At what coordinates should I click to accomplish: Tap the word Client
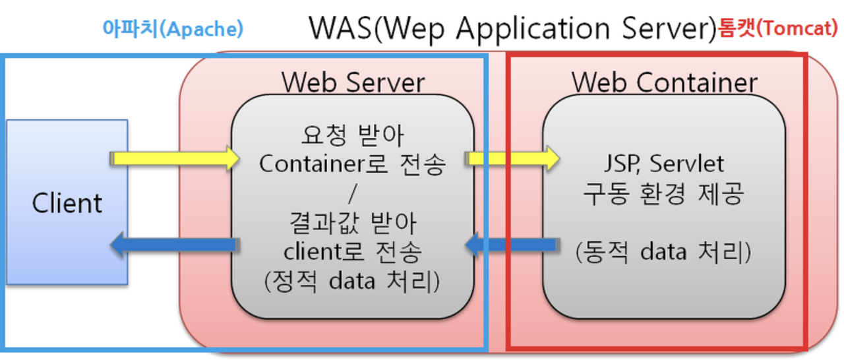pos(67,203)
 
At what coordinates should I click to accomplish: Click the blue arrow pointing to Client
pos(173,245)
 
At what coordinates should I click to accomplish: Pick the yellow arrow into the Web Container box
pos(511,158)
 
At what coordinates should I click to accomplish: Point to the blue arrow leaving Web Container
pos(511,245)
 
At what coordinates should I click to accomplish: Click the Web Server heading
pos(353,83)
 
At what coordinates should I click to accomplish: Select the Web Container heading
pos(664,83)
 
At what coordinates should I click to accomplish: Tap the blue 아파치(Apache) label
pos(173,28)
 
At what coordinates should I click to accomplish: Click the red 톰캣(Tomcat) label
pos(778,30)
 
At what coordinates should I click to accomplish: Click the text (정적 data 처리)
pos(353,281)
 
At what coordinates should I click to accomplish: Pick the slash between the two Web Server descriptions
pos(353,193)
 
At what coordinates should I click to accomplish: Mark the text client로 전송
pos(353,251)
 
